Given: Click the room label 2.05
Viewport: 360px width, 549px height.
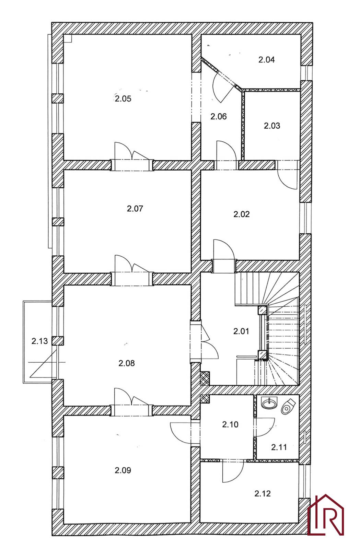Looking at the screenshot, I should (x=123, y=99).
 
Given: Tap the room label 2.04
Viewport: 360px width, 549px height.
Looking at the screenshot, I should (x=266, y=60).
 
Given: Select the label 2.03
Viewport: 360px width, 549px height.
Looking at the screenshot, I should (x=272, y=126).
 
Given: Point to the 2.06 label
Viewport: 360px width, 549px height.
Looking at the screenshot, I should (x=219, y=116).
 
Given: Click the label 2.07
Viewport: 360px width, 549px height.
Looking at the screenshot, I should (x=135, y=208).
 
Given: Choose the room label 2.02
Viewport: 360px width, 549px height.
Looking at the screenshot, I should (x=242, y=214).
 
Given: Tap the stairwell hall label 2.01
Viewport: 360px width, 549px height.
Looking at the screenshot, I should (x=241, y=331).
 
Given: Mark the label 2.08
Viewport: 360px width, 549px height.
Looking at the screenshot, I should (x=127, y=363).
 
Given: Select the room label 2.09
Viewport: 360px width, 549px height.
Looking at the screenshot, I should (x=123, y=470).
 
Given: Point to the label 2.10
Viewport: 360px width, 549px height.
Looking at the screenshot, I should (x=230, y=424).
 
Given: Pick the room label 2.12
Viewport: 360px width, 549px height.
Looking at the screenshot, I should (x=263, y=493).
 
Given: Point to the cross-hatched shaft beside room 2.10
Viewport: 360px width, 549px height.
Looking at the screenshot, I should (x=205, y=399).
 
